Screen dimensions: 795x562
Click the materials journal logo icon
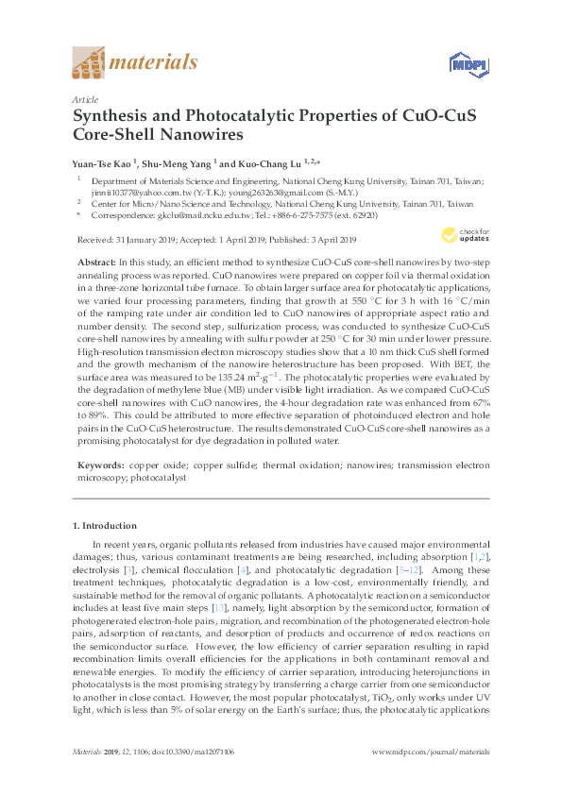coord(90,64)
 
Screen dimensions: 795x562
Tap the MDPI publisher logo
coord(463,64)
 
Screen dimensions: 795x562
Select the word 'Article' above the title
coord(85,98)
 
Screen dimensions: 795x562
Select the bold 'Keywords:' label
coord(99,466)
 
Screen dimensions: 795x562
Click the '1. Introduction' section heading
coord(105,525)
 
